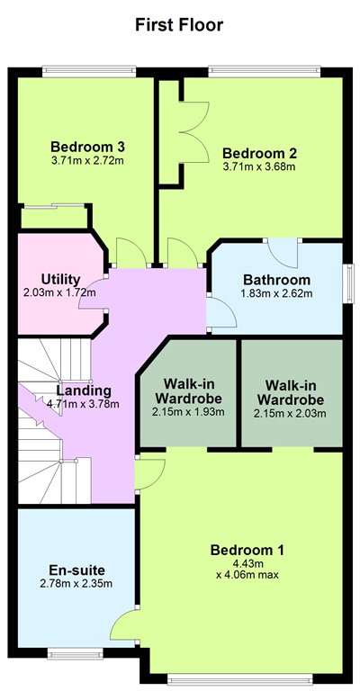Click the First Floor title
pos(179,24)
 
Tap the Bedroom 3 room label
pos(88,146)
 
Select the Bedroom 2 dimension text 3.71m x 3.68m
pos(259,166)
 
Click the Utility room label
pos(61,280)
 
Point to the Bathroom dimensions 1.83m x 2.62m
pos(276,293)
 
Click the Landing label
pos(84,390)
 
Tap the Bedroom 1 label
pos(247,550)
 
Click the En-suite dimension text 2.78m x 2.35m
pos(76,584)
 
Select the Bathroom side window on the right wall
pos(350,283)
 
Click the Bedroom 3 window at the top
pos(89,71)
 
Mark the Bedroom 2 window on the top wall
pos(265,71)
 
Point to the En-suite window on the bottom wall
pos(76,654)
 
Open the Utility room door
pos(94,294)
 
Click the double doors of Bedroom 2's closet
pos(193,132)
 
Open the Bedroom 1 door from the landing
pos(149,474)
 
